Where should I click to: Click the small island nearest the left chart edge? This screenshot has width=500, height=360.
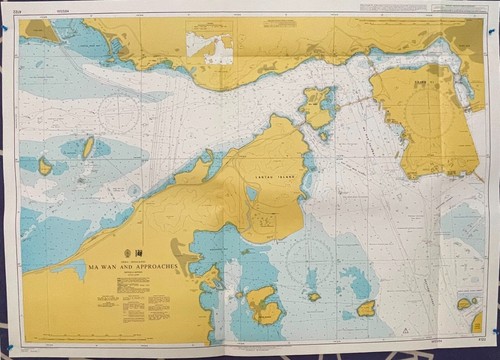45,165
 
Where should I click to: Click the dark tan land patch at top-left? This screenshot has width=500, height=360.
42,31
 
